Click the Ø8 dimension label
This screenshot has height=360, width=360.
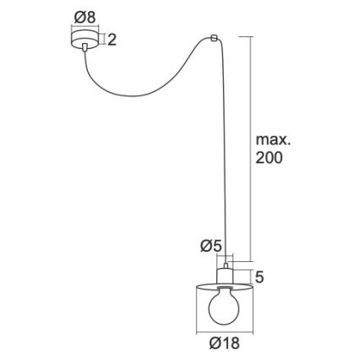tap(85, 16)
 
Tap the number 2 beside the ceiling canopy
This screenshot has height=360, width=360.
tap(112, 39)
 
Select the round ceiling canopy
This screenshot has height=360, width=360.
tap(84, 40)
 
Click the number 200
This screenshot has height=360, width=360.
tap(269, 158)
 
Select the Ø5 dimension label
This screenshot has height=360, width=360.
tap(210, 246)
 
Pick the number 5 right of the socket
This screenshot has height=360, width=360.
tap(259, 276)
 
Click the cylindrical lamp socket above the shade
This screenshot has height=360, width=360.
tap(224, 275)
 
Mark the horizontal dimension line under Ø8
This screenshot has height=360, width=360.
tap(84, 28)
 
